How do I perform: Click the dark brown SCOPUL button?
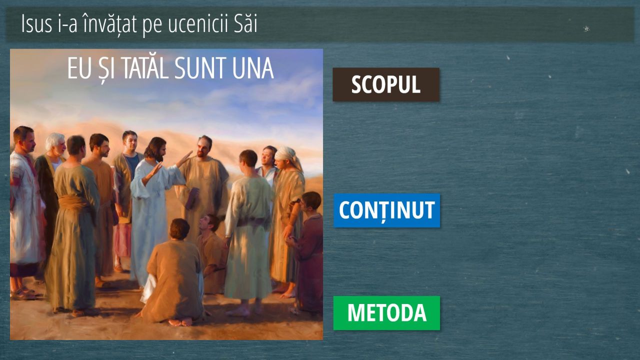pos(386,84)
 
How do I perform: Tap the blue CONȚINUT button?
pos(387,210)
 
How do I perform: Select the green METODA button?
pos(386,313)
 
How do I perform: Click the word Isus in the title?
pos(36,23)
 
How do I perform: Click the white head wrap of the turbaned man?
pos(288,155)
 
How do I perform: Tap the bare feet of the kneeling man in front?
pos(180,322)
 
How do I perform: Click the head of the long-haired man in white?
pos(155,149)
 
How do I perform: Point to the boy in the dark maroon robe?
pos(307,251)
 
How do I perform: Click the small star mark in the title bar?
pos(586,28)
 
